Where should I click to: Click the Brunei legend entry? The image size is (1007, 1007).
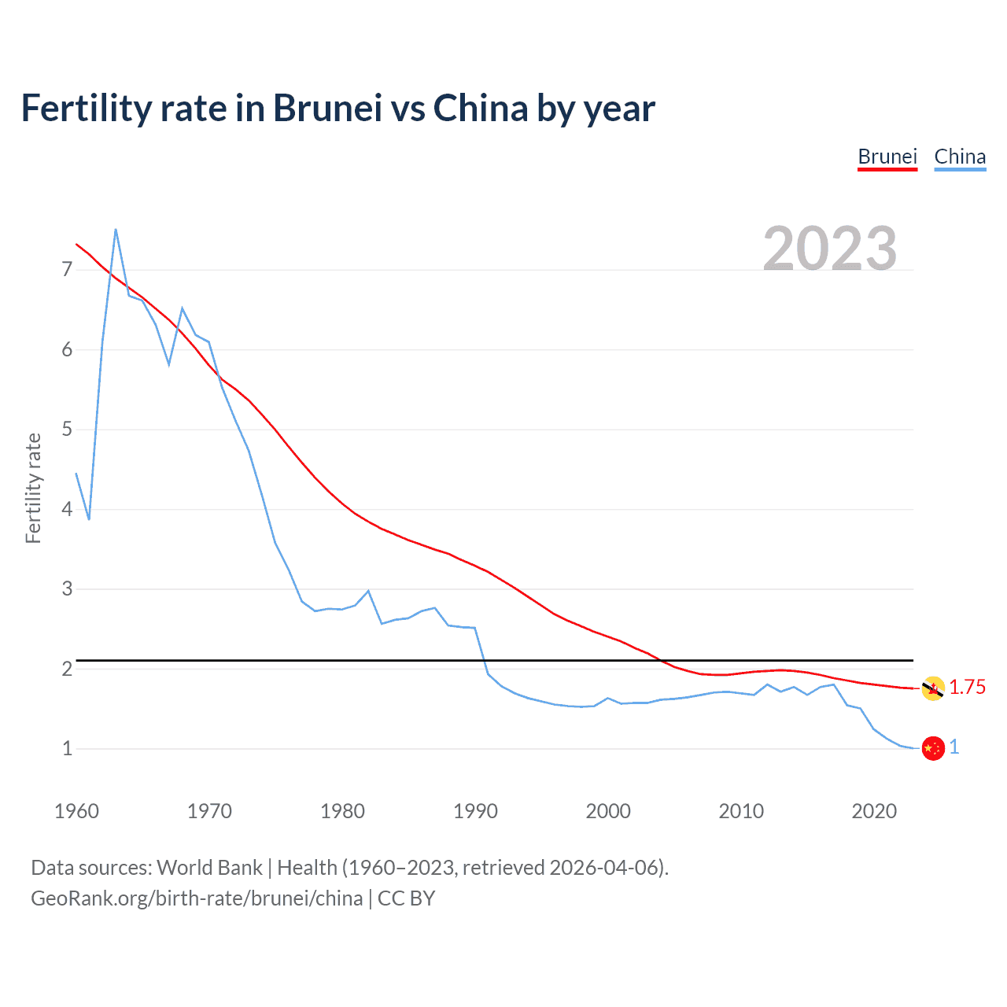point(887,157)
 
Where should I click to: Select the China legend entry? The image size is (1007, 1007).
point(960,157)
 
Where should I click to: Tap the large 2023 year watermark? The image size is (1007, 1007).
point(830,249)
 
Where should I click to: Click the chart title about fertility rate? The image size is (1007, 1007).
point(338,108)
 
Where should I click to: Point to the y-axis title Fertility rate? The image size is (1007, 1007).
point(33,488)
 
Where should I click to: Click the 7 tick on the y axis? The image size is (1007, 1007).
point(67,270)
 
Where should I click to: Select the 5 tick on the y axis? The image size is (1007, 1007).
point(67,430)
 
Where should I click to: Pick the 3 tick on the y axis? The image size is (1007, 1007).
point(67,588)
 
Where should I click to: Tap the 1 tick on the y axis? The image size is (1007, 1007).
point(67,748)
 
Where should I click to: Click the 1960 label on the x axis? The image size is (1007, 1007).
point(76,811)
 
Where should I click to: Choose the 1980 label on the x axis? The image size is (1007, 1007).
point(342,811)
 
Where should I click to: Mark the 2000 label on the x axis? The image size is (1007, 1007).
point(608,811)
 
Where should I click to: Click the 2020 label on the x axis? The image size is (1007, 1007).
point(874,811)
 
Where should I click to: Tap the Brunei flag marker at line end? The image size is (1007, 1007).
point(933,688)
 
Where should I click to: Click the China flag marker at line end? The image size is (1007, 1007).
point(933,748)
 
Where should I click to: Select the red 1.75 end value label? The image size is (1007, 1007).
point(967,688)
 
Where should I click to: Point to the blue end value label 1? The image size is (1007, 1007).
point(954,747)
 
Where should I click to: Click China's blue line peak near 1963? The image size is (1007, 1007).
point(116,230)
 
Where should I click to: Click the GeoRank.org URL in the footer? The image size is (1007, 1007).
point(197,898)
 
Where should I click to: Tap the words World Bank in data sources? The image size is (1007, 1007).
point(209,868)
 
